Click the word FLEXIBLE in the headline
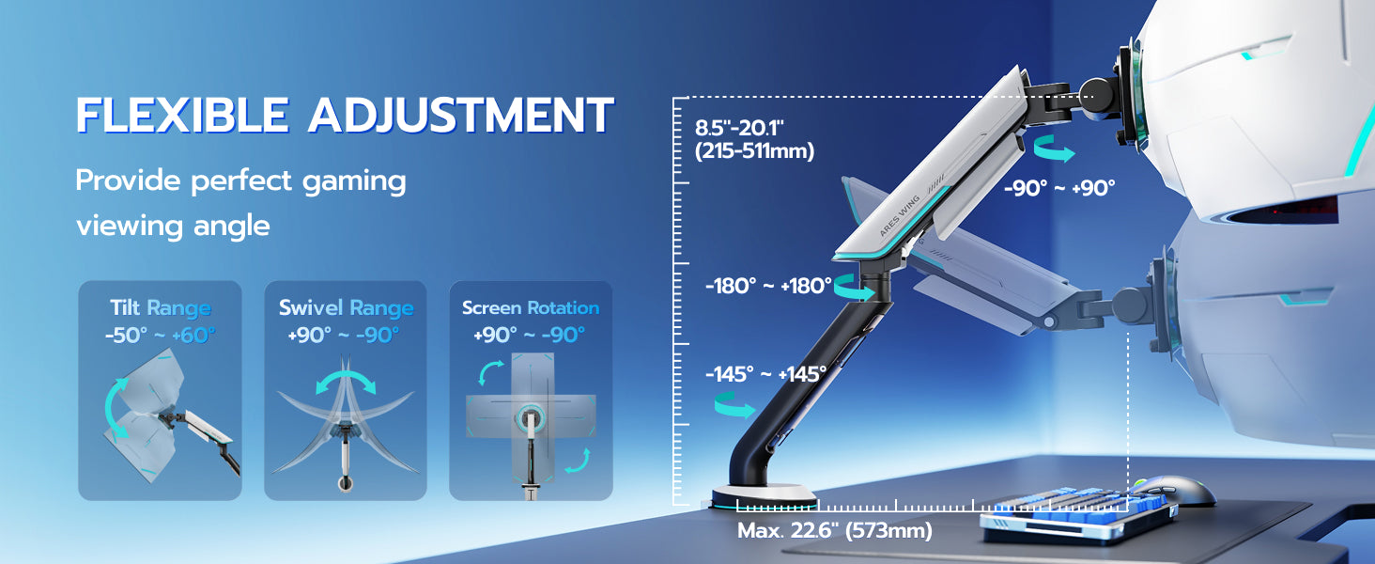(x=182, y=115)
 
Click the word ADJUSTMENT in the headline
(x=461, y=115)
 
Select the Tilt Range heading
(x=161, y=307)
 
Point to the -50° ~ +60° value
(x=161, y=336)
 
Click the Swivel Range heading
(x=347, y=307)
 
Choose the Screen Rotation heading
(x=531, y=307)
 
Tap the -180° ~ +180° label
(x=768, y=287)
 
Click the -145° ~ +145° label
(x=766, y=374)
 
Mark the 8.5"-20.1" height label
(x=739, y=129)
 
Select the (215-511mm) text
(x=754, y=151)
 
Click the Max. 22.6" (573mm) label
(x=835, y=531)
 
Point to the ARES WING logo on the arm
(x=899, y=215)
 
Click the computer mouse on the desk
(x=1174, y=491)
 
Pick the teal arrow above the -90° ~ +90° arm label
(x=1054, y=149)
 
